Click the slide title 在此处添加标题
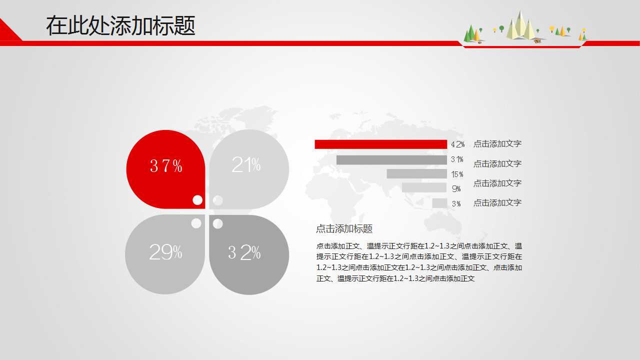point(120,25)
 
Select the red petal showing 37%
point(165,169)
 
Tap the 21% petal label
point(246,164)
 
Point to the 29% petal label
point(165,252)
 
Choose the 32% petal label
point(244,252)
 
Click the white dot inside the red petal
point(197,200)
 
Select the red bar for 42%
point(381,144)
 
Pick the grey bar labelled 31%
point(391,160)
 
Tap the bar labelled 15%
point(416,173)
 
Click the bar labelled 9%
point(424,187)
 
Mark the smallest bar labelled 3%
point(439,203)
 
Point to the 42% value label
point(457,144)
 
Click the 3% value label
point(456,203)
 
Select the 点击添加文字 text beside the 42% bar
point(497,143)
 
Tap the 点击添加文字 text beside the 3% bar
point(497,203)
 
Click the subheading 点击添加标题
point(344,228)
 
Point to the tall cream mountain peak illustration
point(520,25)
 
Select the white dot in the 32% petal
point(217,223)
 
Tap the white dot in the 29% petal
point(196,223)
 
